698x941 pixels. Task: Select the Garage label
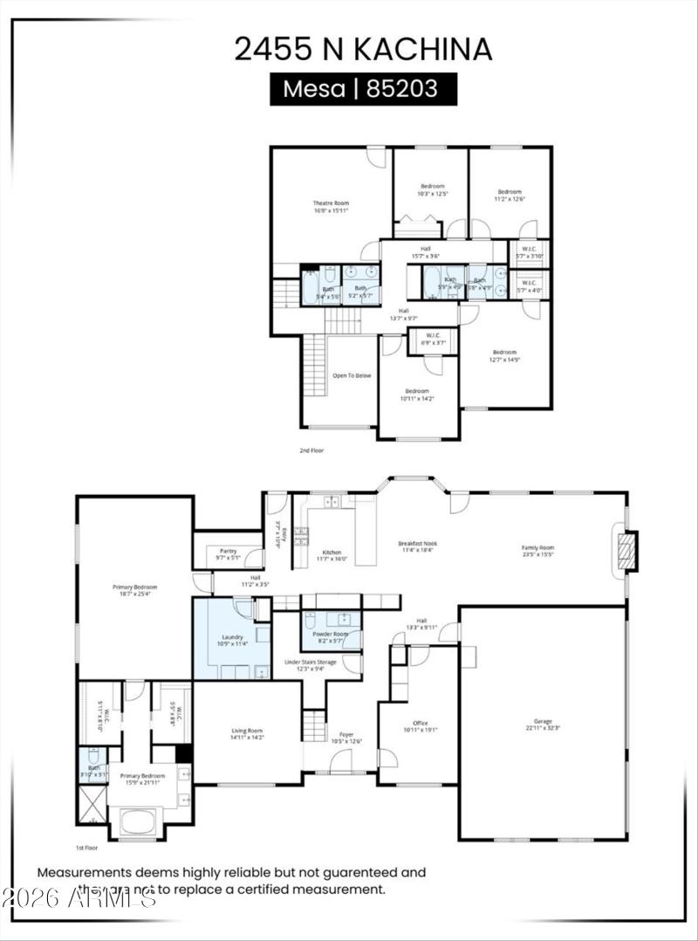point(542,723)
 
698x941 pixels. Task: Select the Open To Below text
point(352,375)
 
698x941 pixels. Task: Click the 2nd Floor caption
point(311,450)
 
